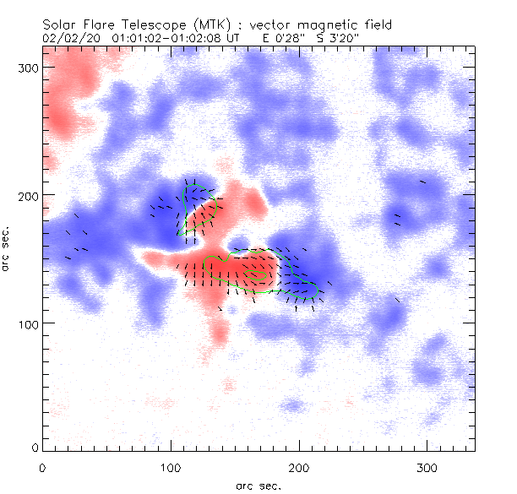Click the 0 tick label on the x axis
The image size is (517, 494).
[43, 466]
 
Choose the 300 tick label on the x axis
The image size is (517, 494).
[427, 466]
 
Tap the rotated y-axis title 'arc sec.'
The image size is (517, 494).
[7, 248]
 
